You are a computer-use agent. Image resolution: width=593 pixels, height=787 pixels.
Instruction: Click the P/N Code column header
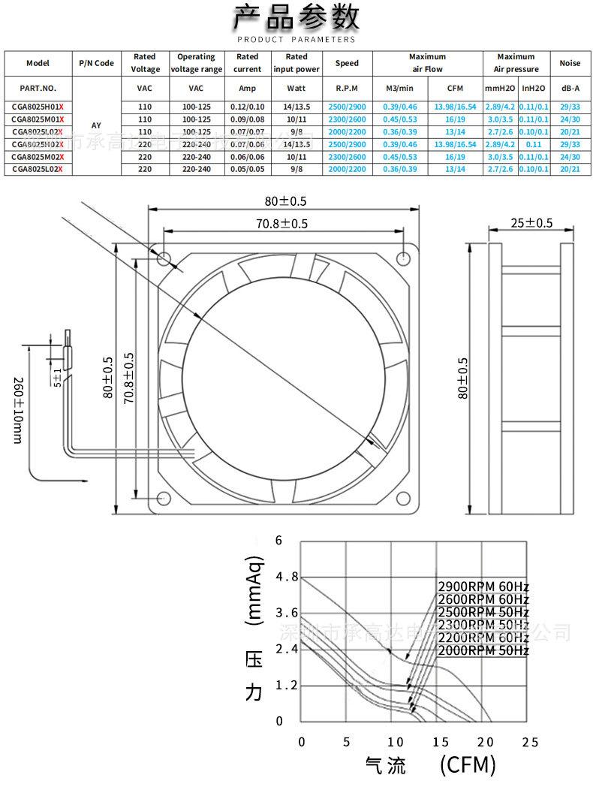[96, 63]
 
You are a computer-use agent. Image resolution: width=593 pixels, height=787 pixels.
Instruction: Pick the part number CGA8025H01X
[38, 107]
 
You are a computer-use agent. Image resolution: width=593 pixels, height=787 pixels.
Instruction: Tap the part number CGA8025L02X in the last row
[38, 170]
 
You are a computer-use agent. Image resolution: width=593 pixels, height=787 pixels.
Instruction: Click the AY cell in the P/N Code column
[96, 125]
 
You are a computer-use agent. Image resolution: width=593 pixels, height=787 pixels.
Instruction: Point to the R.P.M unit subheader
[347, 89]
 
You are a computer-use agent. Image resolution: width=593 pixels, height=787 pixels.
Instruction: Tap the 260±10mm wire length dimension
[17, 409]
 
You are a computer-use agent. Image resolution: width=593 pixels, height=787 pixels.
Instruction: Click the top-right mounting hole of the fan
[405, 258]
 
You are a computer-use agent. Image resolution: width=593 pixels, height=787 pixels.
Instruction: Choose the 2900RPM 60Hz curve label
[483, 586]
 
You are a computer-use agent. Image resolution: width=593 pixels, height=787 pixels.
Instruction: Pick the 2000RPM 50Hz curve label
[483, 650]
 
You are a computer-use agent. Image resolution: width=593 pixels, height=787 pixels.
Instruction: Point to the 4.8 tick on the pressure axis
[287, 577]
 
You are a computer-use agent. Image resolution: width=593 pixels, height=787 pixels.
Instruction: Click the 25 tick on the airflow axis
[530, 742]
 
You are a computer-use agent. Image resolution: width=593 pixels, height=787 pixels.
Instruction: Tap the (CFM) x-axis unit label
[467, 765]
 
